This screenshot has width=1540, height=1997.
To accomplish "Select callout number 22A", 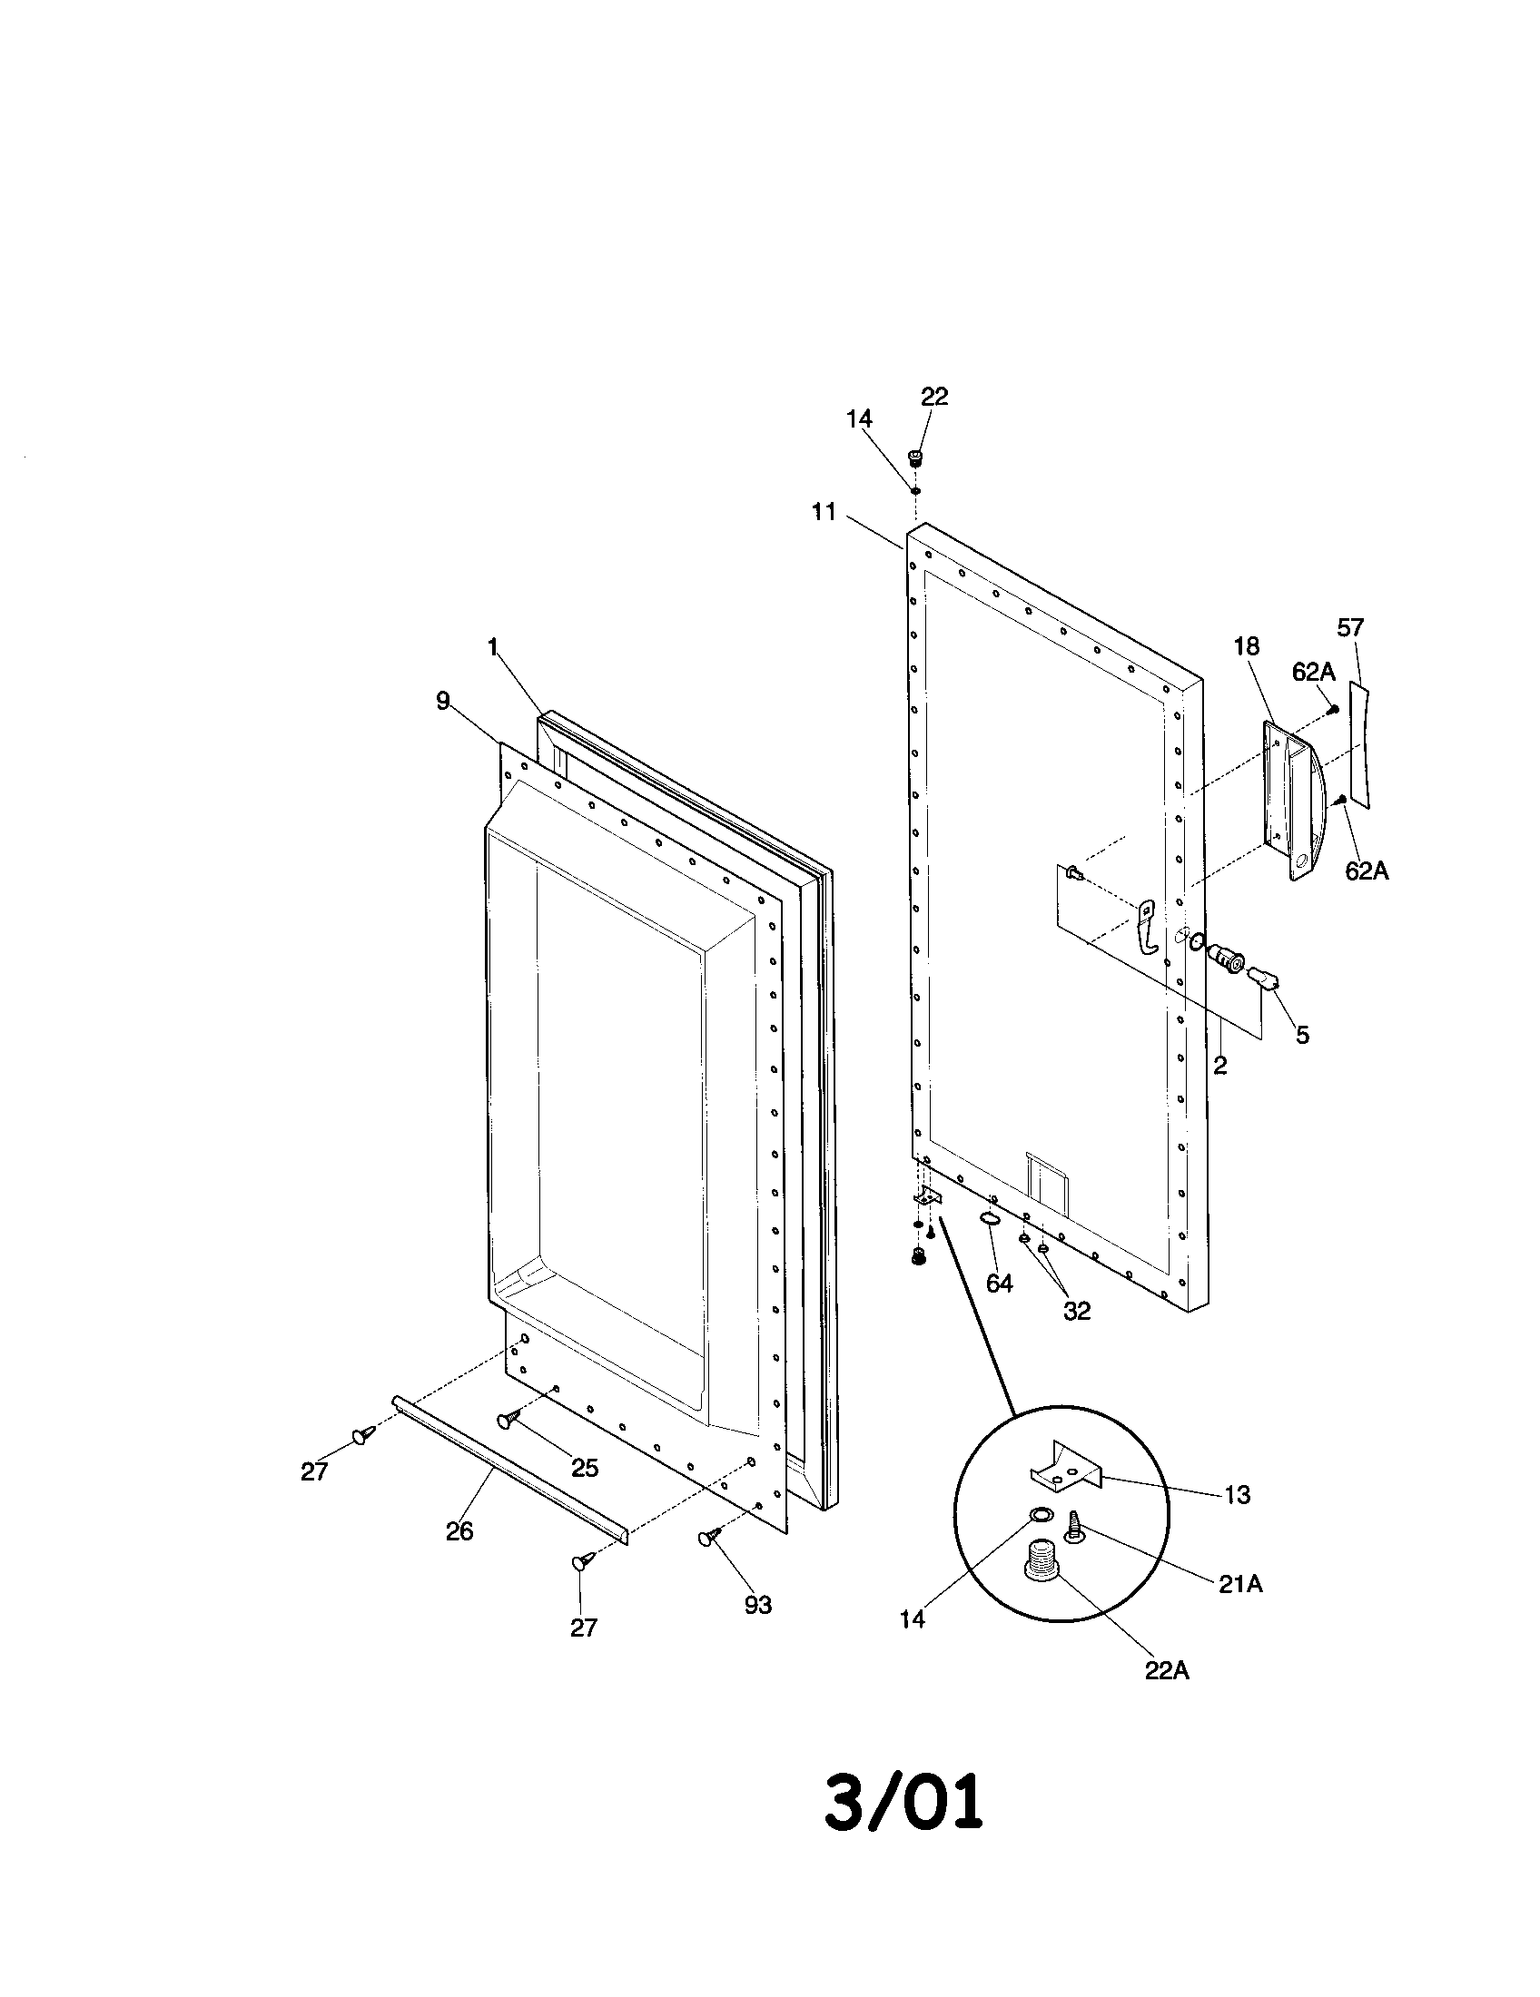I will click(1167, 1670).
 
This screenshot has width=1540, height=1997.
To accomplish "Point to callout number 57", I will click(1350, 627).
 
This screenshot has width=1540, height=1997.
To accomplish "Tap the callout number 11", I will click(824, 512).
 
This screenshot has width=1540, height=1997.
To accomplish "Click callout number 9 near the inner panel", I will click(442, 702).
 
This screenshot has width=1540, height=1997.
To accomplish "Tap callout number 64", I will click(999, 1284).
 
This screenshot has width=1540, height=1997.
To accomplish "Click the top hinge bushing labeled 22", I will click(913, 457).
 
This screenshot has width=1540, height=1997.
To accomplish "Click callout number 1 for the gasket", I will click(493, 647).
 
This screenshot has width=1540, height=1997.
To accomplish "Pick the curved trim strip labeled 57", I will click(1361, 745).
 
